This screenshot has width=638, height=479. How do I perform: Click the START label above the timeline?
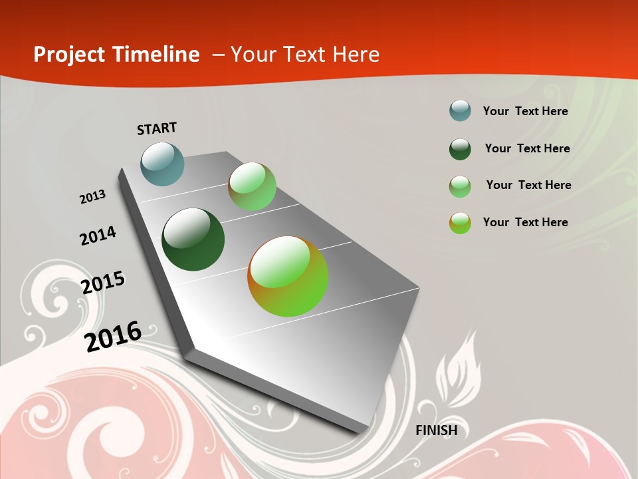pyautogui.click(x=157, y=128)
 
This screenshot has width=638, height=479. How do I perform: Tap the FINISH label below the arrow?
pyautogui.click(x=437, y=430)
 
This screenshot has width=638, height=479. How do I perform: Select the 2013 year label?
pyautogui.click(x=93, y=197)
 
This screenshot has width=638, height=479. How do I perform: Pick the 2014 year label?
pyautogui.click(x=98, y=236)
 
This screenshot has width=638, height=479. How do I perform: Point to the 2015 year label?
pyautogui.click(x=103, y=282)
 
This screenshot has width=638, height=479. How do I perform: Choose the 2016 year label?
pyautogui.click(x=113, y=336)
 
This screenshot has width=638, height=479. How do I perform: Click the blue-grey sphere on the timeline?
pyautogui.click(x=163, y=164)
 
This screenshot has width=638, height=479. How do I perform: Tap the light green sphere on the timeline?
pyautogui.click(x=252, y=186)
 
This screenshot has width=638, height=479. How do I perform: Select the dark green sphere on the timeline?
pyautogui.click(x=193, y=239)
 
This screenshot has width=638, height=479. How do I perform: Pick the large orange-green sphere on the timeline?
pyautogui.click(x=288, y=276)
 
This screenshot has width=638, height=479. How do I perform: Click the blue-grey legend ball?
pyautogui.click(x=460, y=110)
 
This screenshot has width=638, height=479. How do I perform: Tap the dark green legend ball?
pyautogui.click(x=460, y=149)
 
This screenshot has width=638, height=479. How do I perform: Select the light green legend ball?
pyautogui.click(x=460, y=186)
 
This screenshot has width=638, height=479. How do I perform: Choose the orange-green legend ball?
pyautogui.click(x=460, y=223)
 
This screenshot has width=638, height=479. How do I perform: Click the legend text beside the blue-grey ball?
pyautogui.click(x=525, y=111)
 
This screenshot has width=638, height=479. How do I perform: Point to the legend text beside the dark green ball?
pyautogui.click(x=527, y=148)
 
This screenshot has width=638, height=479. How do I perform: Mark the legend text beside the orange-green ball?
pyautogui.click(x=525, y=222)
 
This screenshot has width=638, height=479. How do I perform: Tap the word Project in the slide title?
pyautogui.click(x=68, y=55)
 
